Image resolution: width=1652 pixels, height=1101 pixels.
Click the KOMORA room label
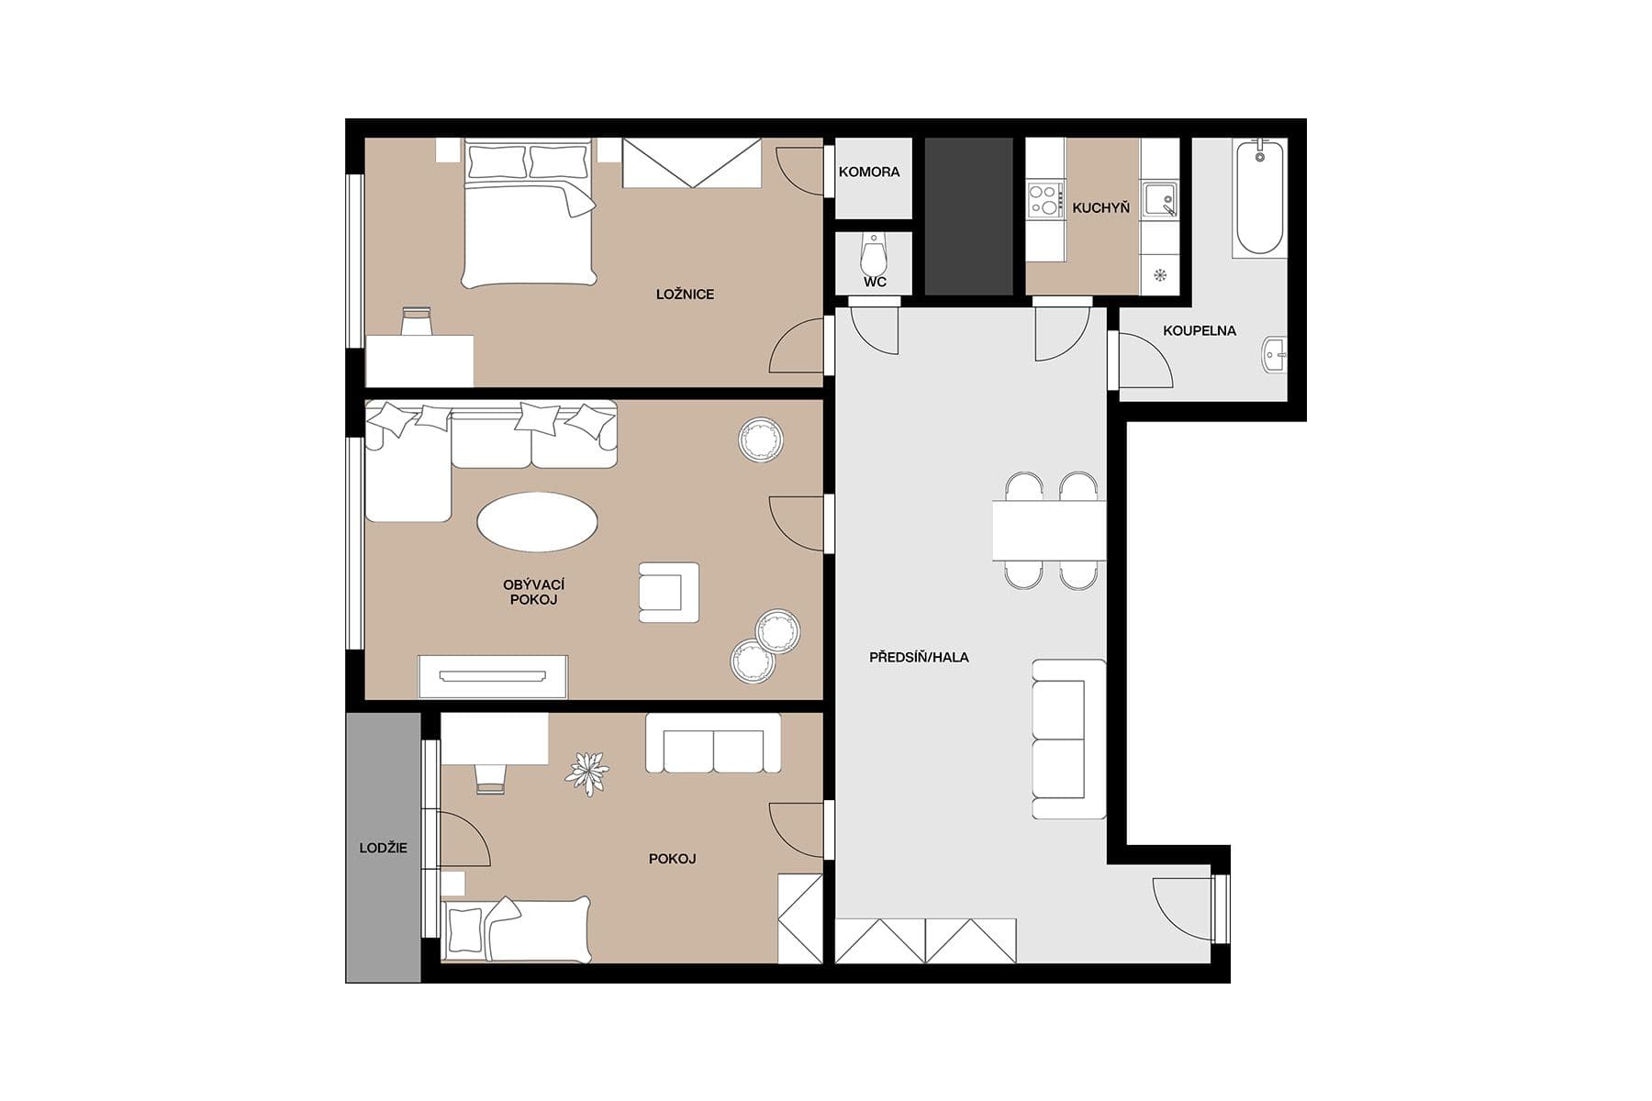point(868,172)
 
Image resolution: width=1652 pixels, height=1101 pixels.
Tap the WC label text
point(875,282)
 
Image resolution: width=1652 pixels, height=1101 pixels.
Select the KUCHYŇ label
point(1100,208)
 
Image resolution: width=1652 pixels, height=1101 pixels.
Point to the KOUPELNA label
point(1199,330)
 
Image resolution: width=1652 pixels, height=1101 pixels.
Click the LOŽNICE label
point(685,295)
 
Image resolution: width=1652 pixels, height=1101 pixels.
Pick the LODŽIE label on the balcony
point(383,848)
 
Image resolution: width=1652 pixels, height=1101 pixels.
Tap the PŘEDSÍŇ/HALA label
point(919,657)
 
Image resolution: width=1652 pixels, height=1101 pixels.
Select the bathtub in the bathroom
point(1258,196)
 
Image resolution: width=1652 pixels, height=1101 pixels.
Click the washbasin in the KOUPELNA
point(1275,354)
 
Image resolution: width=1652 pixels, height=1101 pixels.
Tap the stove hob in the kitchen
point(1044,200)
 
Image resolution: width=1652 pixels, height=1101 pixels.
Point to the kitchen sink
point(1159,200)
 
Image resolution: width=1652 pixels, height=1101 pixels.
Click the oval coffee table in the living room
point(537,522)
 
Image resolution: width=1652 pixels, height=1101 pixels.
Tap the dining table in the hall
point(1048,530)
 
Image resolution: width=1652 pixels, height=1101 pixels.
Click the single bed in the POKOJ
point(516,929)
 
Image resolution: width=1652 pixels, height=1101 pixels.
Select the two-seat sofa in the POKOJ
point(713,744)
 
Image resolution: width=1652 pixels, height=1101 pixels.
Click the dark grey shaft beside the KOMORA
point(967,217)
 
